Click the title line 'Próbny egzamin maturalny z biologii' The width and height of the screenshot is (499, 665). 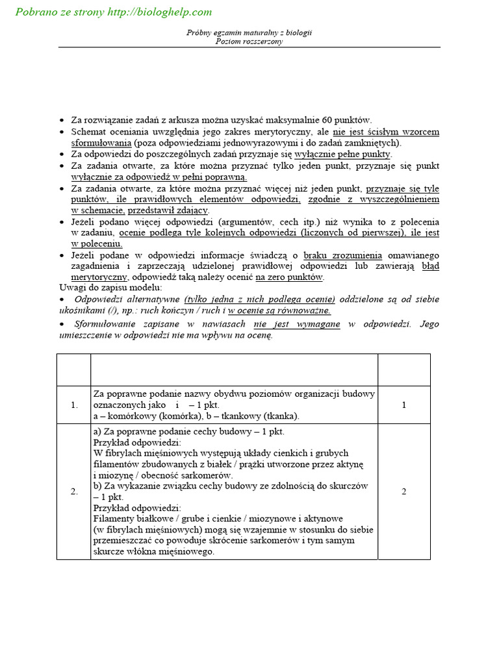pyautogui.click(x=249, y=32)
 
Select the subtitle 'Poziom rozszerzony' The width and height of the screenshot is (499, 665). pyautogui.click(x=249, y=41)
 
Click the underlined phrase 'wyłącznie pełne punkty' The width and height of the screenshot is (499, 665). pyautogui.click(x=342, y=154)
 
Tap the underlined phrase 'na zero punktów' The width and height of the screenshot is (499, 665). pyautogui.click(x=289, y=277)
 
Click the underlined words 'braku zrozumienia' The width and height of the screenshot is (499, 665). pyautogui.click(x=342, y=255)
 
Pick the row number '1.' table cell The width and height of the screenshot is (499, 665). pyautogui.click(x=73, y=405)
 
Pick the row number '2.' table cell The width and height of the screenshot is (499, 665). pyautogui.click(x=73, y=491)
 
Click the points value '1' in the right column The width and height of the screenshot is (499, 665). pyautogui.click(x=403, y=405)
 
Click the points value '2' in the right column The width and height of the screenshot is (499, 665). pyautogui.click(x=403, y=491)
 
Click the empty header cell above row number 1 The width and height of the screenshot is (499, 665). pyautogui.click(x=73, y=370)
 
